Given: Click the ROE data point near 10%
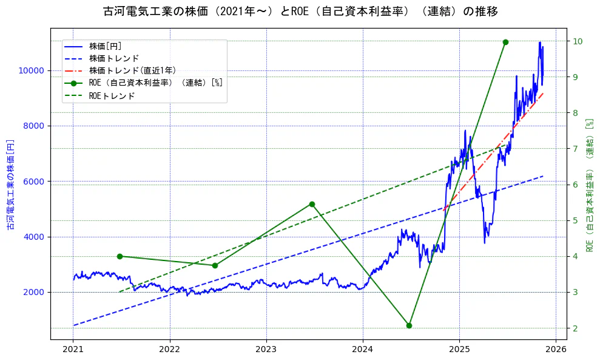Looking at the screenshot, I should pos(505,42).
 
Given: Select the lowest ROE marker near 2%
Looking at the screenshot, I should pos(409,325).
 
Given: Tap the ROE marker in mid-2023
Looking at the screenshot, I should pos(312,204).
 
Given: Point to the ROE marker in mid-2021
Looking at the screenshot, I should pos(120,256).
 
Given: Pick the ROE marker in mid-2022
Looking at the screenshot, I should pos(215,265).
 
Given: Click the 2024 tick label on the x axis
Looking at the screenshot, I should pos(363,350).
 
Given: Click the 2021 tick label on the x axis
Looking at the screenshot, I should pos(73,350).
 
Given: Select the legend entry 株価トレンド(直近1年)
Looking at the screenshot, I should pos(132,70).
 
